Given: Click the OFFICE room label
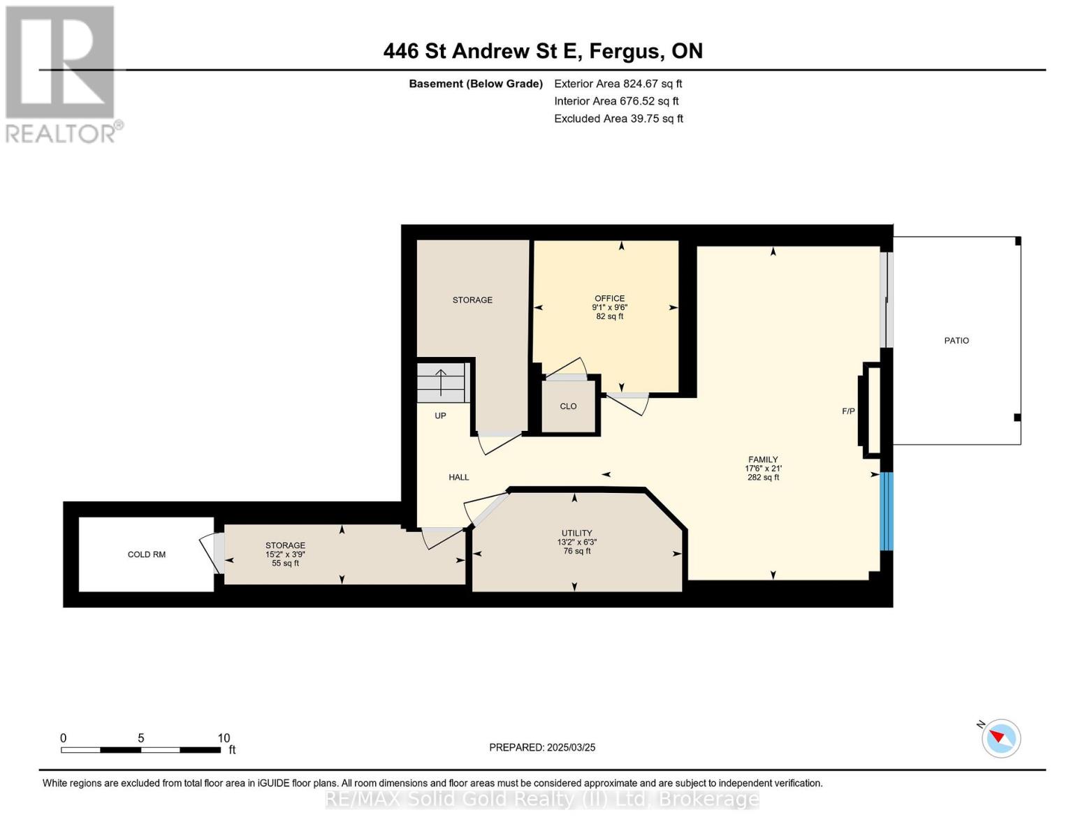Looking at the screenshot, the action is [609, 298].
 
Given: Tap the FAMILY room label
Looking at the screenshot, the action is [762, 460].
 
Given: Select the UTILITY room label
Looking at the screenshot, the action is [576, 533].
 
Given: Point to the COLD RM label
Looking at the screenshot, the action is [146, 554].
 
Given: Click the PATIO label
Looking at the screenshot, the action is [956, 340].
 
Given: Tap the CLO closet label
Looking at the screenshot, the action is [568, 406].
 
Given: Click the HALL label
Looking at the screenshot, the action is [458, 477].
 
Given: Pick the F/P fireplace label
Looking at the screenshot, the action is [848, 411].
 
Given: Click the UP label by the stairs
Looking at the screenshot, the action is [440, 416].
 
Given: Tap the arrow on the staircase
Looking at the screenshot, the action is [440, 382].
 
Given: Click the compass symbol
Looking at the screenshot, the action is [1000, 738].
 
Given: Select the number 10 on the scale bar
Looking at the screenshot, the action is [224, 737].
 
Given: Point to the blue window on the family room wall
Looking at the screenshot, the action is [886, 511].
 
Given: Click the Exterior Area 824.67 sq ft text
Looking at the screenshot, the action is [618, 84].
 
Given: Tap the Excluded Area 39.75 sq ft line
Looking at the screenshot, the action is [618, 119].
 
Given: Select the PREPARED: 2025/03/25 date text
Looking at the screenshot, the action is [541, 747].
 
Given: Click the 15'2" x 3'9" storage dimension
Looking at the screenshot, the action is [285, 554].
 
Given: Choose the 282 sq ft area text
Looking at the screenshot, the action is [763, 477].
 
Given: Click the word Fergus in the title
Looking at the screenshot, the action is [627, 52].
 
